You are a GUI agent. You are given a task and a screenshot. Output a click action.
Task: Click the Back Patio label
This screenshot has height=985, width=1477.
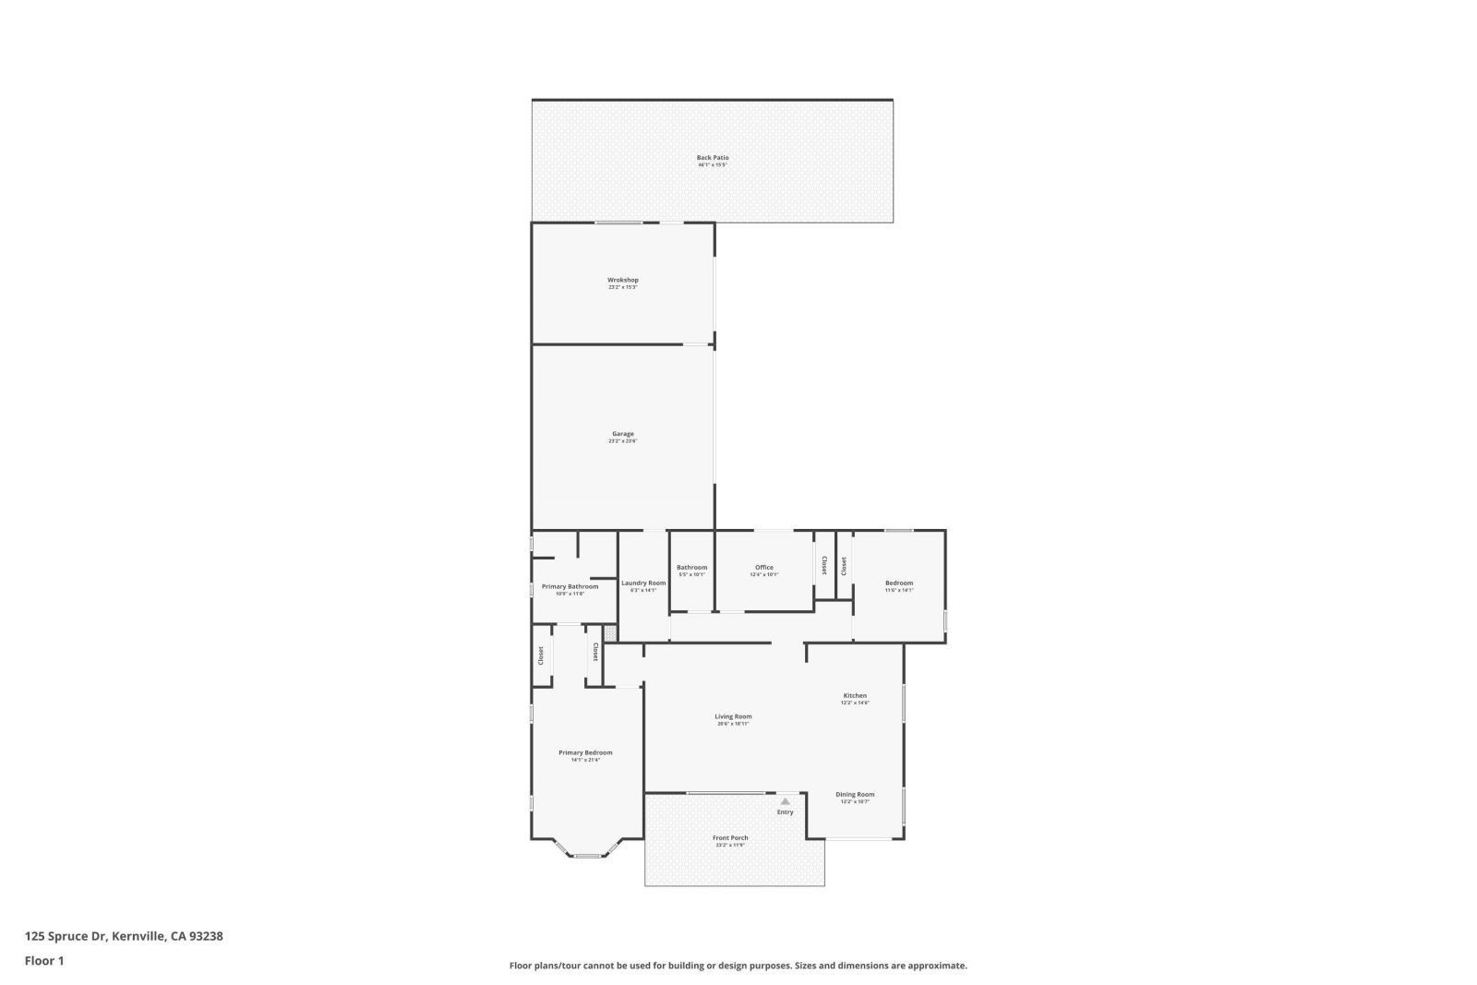click(712, 158)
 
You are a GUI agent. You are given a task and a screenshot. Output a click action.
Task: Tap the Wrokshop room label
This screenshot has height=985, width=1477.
click(622, 281)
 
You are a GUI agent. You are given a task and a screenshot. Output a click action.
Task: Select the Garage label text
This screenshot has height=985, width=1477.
click(622, 434)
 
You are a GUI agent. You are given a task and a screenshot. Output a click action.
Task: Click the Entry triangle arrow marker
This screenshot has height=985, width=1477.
click(785, 801)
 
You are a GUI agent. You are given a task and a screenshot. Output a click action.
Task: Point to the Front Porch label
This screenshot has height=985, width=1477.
click(730, 838)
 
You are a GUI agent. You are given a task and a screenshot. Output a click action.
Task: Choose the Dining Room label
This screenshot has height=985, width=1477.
click(855, 795)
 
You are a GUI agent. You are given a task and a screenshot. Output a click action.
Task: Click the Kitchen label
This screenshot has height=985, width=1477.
click(855, 696)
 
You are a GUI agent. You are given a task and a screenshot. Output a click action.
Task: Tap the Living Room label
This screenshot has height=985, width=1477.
click(733, 716)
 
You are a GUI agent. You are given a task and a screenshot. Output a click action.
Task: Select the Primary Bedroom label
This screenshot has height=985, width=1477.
click(585, 752)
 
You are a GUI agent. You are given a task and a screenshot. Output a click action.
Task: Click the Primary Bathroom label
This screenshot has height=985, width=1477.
click(570, 587)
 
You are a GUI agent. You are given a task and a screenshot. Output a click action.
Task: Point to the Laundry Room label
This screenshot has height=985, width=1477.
click(643, 583)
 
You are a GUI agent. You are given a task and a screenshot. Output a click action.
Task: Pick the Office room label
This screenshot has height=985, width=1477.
click(763, 568)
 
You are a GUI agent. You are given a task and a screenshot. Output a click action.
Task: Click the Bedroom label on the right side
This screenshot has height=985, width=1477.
click(898, 583)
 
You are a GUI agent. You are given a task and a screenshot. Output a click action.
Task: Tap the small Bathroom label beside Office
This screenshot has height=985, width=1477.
click(691, 568)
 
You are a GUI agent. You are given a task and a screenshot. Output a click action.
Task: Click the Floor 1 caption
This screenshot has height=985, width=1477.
click(44, 961)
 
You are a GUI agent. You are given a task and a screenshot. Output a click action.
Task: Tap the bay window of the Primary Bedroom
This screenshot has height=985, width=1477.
click(587, 855)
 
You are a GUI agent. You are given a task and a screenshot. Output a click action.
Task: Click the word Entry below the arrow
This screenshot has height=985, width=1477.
click(785, 812)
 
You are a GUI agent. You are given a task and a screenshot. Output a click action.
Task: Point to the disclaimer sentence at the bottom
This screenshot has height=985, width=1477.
click(738, 966)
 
